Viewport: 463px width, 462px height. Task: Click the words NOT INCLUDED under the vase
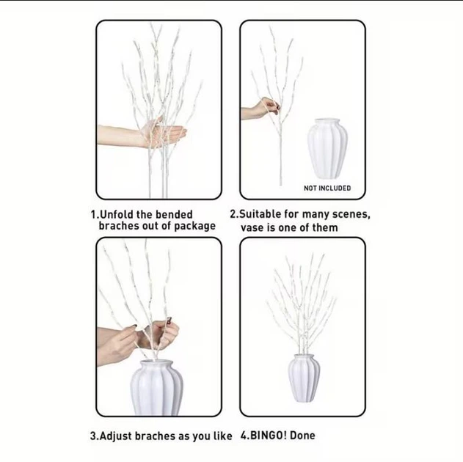[x=327, y=188]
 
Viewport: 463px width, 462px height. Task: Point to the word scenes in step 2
[x=351, y=215]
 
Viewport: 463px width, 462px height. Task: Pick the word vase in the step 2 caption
[x=252, y=228]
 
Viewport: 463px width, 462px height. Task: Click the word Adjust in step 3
[x=115, y=436]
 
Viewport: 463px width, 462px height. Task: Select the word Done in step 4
[x=302, y=436]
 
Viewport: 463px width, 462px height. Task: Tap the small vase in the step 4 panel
[x=304, y=378]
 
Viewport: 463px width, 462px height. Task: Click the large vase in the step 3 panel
[x=156, y=388]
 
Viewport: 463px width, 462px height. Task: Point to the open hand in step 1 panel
[x=142, y=135]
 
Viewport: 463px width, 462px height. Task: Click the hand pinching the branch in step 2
[x=261, y=109]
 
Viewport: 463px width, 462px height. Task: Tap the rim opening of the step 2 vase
[x=327, y=120]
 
